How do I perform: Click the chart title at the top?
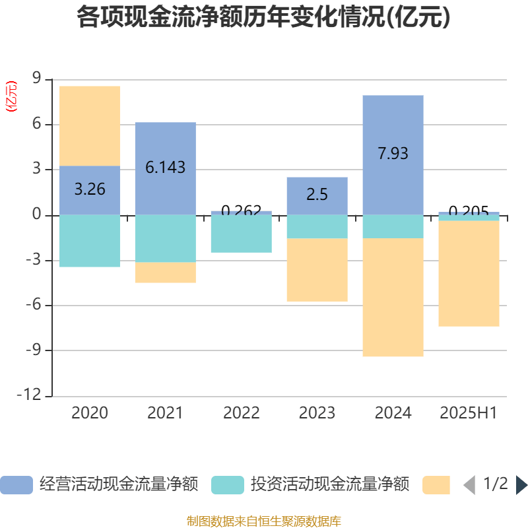tap(263, 18)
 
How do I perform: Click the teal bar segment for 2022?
tap(241, 234)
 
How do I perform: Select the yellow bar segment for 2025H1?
tap(469, 273)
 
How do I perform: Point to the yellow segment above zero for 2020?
tap(90, 125)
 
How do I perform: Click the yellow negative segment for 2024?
tap(393, 297)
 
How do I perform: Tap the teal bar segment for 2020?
tap(90, 241)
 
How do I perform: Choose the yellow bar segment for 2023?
tap(317, 270)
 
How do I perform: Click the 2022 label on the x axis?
tap(241, 413)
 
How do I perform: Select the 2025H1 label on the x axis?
tap(469, 413)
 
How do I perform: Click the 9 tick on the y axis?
tap(36, 79)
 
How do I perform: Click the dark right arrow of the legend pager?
tap(521, 485)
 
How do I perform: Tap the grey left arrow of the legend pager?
tap(469, 485)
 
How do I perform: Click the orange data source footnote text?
tap(263, 521)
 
